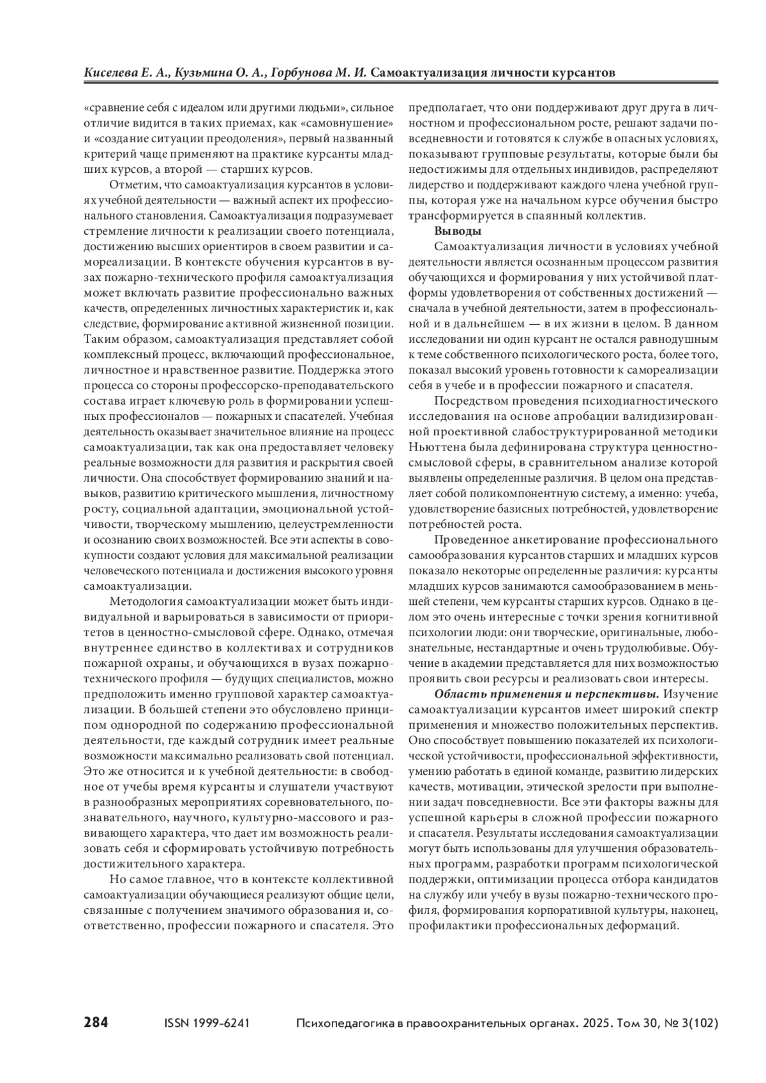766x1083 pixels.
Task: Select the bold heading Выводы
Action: tap(458, 230)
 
